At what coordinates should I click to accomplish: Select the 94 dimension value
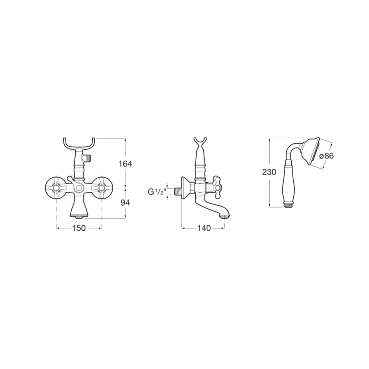coord(125,203)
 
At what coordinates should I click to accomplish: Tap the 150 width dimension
coord(79,228)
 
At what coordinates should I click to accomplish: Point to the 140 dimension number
coord(204,228)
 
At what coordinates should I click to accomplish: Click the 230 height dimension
coord(270,172)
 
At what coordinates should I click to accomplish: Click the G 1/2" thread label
coord(156,192)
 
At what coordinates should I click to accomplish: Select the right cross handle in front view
coord(102,186)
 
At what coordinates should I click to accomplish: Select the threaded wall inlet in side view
coord(177,191)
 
